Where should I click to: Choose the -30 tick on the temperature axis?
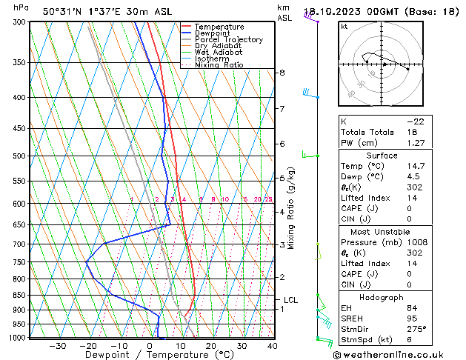[57, 345]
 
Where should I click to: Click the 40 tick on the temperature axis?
[273, 345]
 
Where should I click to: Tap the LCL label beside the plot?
[290, 300]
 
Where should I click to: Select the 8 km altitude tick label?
[282, 73]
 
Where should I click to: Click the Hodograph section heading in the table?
[382, 297]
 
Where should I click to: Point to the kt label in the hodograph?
[344, 27]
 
